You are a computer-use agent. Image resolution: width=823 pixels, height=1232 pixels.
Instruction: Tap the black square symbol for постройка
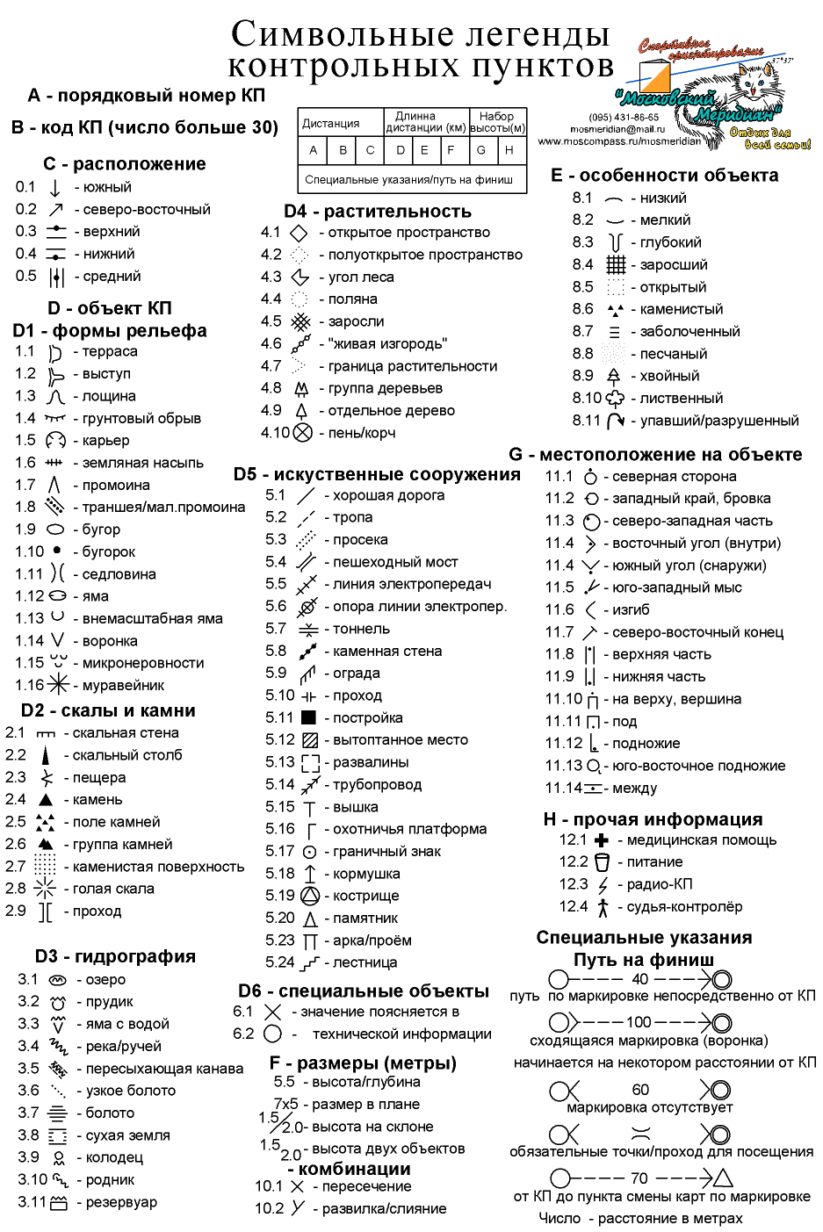pyautogui.click(x=308, y=717)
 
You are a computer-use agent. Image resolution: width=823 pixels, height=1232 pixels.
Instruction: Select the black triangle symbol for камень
pyautogui.click(x=46, y=800)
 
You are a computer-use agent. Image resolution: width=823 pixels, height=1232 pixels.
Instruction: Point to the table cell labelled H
pyautogui.click(x=509, y=150)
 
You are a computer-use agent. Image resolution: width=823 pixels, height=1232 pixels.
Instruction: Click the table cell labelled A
pyautogui.click(x=314, y=150)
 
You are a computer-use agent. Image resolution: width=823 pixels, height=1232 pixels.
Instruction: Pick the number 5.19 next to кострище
pyautogui.click(x=280, y=896)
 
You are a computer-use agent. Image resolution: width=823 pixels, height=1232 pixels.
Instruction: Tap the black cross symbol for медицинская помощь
pyautogui.click(x=602, y=840)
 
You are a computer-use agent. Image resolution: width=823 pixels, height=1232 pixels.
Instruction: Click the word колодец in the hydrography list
pyautogui.click(x=114, y=1157)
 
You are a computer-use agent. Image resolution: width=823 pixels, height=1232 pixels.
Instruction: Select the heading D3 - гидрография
pyautogui.click(x=115, y=956)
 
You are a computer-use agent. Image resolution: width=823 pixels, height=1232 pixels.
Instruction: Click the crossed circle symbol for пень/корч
pyautogui.click(x=302, y=433)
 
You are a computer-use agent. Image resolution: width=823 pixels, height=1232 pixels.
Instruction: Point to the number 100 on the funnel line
pyautogui.click(x=639, y=1022)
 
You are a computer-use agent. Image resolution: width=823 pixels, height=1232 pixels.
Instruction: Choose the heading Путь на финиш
pyautogui.click(x=644, y=960)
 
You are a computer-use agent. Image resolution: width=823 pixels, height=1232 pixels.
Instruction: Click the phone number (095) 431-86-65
pyautogui.click(x=624, y=117)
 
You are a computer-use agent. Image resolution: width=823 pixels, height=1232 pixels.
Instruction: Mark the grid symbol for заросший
pyautogui.click(x=616, y=264)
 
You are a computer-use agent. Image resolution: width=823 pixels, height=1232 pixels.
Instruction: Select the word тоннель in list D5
pyautogui.click(x=361, y=629)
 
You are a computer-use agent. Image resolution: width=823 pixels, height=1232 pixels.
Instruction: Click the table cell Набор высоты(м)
pyautogui.click(x=497, y=121)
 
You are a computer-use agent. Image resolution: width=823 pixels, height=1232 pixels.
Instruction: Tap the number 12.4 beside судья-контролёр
pyautogui.click(x=574, y=906)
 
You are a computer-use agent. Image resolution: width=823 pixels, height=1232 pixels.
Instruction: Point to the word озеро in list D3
pyautogui.click(x=105, y=979)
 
